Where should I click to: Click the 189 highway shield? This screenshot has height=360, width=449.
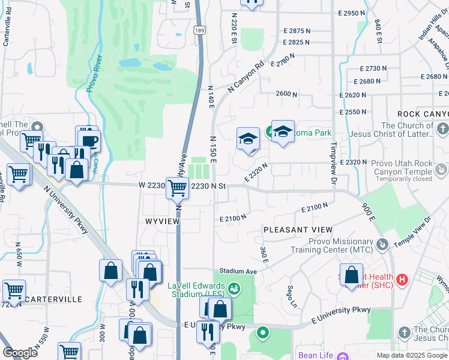click(x=199, y=30)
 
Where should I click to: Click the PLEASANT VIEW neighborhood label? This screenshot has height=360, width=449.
click(x=298, y=230)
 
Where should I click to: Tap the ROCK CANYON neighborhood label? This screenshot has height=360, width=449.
click(x=423, y=114)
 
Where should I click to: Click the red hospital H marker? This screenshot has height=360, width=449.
click(x=402, y=279)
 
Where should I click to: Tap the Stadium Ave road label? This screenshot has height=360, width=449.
click(x=238, y=271)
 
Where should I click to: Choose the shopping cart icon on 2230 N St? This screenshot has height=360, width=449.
click(x=177, y=187)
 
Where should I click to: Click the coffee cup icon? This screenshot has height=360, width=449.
click(x=89, y=140)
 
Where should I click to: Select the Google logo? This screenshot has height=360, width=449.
click(x=20, y=352)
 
